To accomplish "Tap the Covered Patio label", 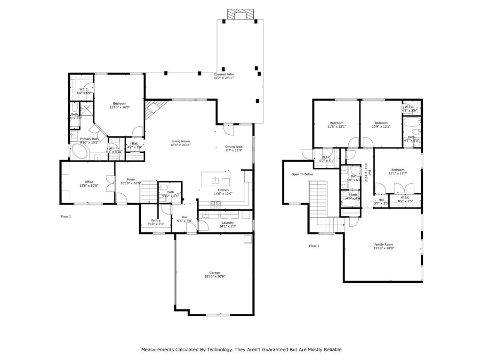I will pyautogui.click(x=224, y=74).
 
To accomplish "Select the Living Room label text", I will pyautogui.click(x=180, y=141).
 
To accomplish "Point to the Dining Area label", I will pyautogui.click(x=233, y=147).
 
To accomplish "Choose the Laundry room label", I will pyautogui.click(x=228, y=222).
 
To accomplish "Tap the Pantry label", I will pyautogui.click(x=156, y=220).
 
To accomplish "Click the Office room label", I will pyautogui.click(x=89, y=182).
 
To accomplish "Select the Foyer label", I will pyautogui.click(x=130, y=179).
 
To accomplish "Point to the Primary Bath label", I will pyautogui.click(x=89, y=139).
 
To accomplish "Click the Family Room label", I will pyautogui.click(x=384, y=245).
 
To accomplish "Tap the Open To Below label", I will pyautogui.click(x=302, y=174).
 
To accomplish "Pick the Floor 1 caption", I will pyautogui.click(x=66, y=216).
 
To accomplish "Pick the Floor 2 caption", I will pyautogui.click(x=314, y=246).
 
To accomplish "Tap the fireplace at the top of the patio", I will pyautogui.click(x=237, y=14).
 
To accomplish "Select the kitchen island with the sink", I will pyautogui.click(x=217, y=179).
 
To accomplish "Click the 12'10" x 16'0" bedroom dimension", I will pyautogui.click(x=120, y=107).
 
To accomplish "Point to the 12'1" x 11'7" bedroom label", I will pyautogui.click(x=398, y=173).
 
